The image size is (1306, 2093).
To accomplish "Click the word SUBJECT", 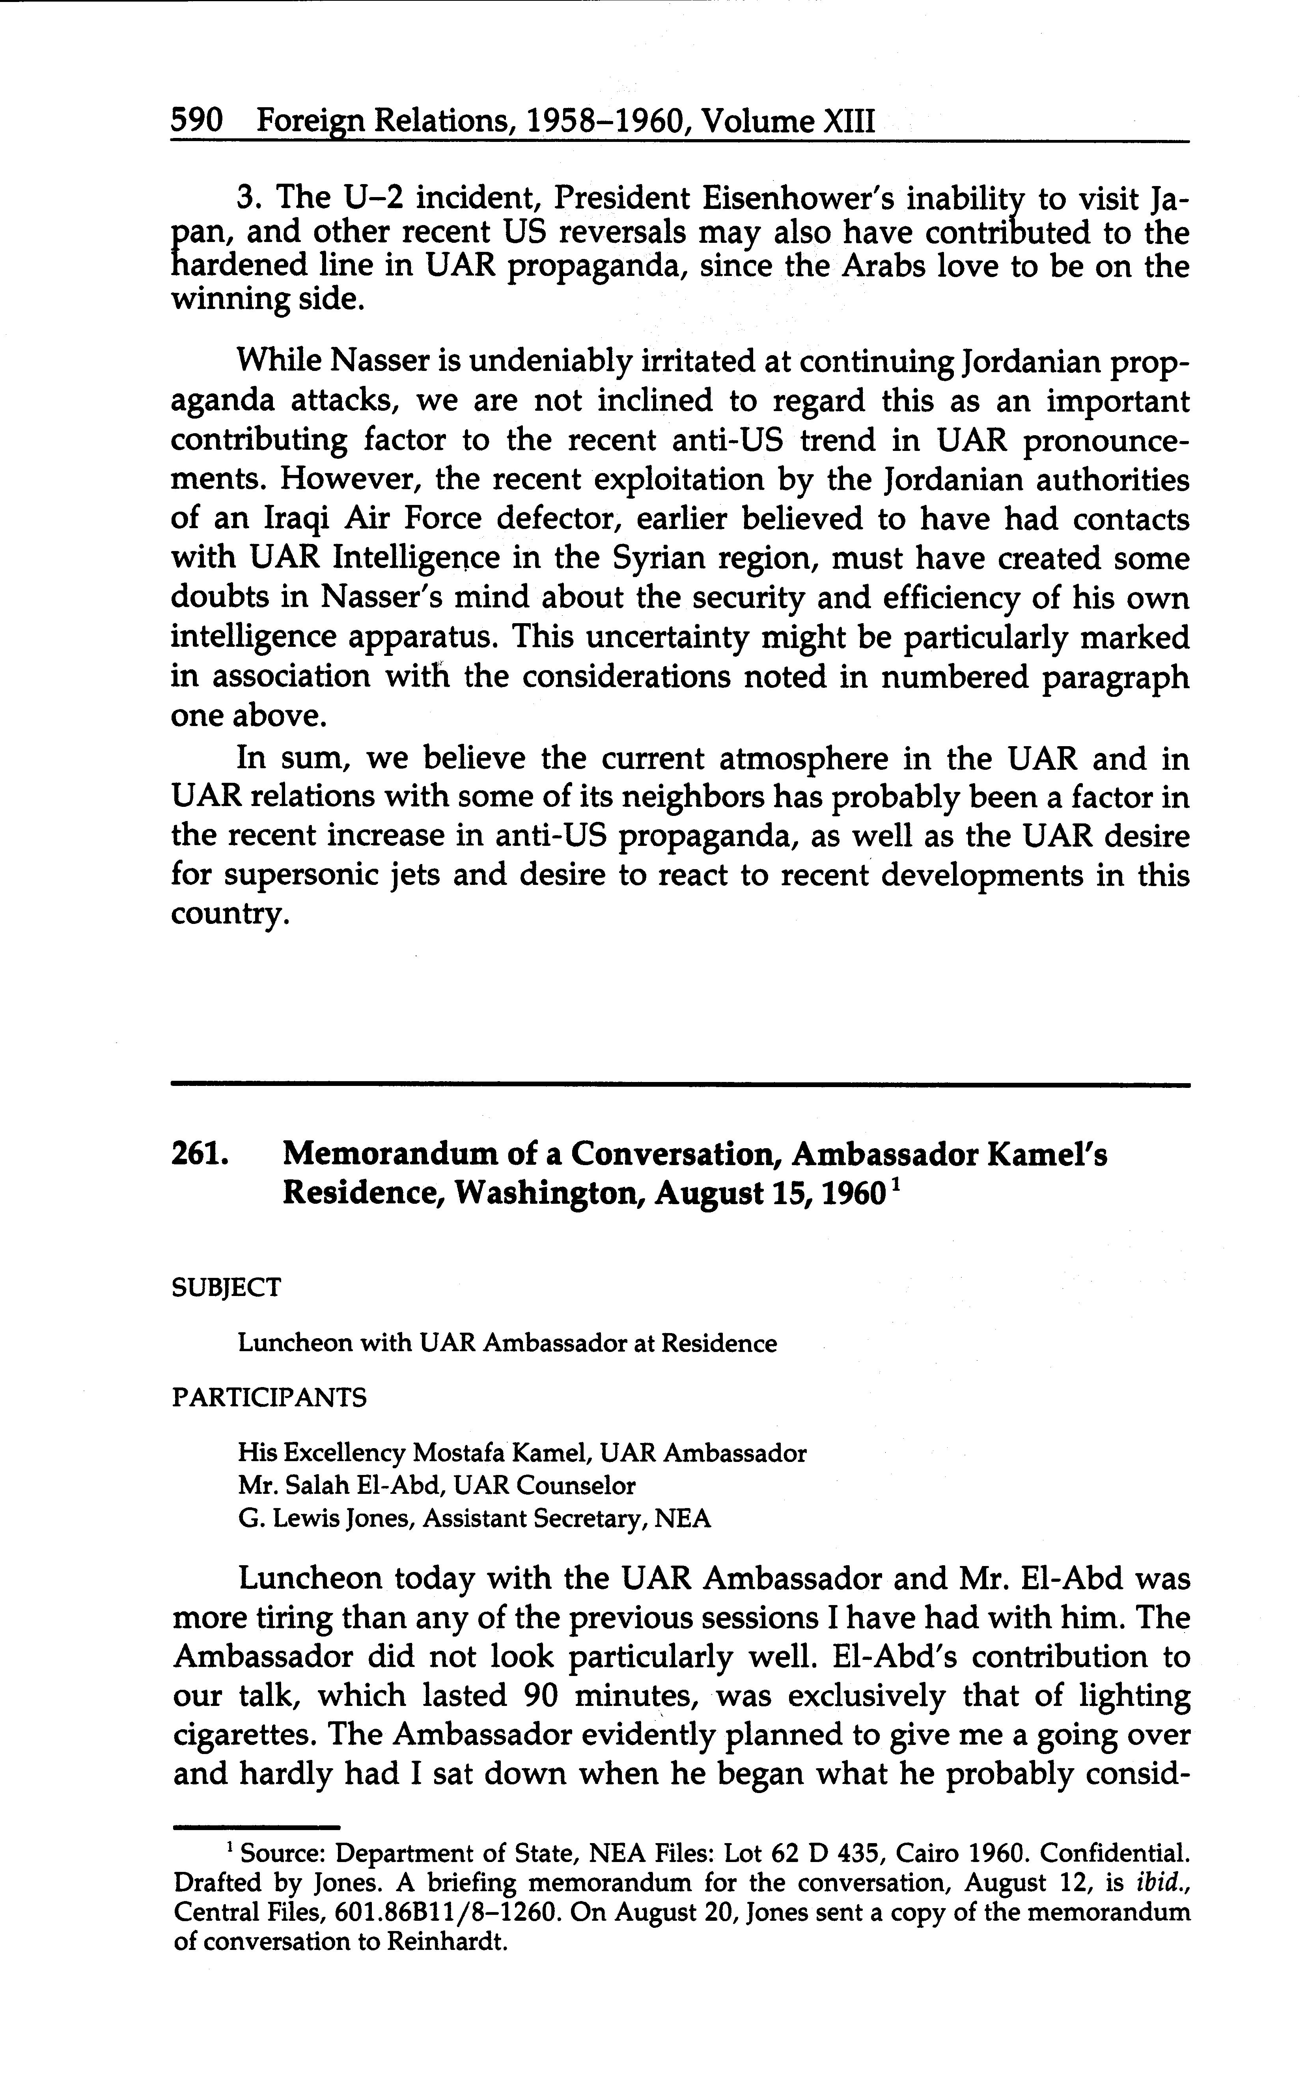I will coord(226,1287).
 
